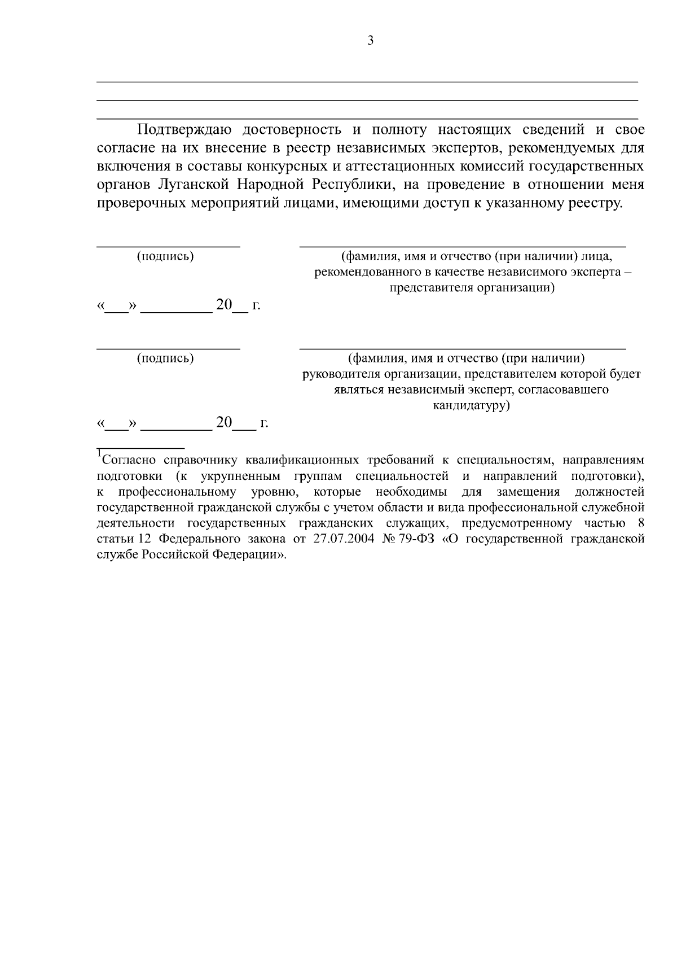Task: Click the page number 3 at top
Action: (x=370, y=41)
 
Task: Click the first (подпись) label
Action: (x=165, y=256)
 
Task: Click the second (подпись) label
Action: (x=165, y=358)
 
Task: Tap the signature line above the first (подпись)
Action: (x=168, y=247)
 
